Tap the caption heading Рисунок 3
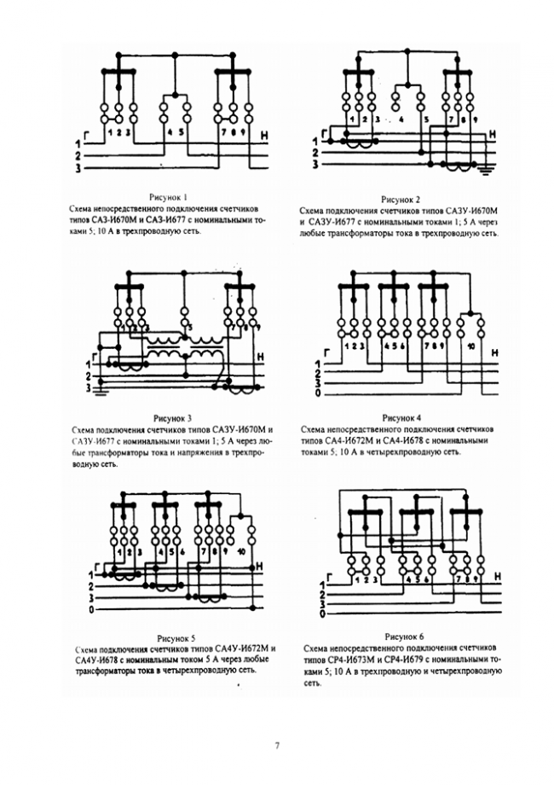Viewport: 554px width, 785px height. click(x=172, y=418)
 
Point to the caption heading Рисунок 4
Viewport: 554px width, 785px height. click(x=401, y=418)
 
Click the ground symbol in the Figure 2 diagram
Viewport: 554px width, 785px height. click(x=486, y=172)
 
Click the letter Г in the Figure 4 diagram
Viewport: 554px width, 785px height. click(x=328, y=351)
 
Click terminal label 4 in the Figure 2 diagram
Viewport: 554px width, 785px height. click(x=401, y=120)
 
